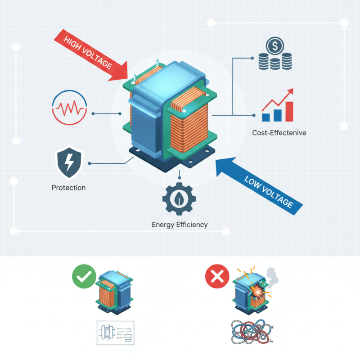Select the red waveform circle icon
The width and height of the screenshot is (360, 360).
pyautogui.click(x=69, y=108)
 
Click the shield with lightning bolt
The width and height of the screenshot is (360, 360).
pyautogui.click(x=69, y=162)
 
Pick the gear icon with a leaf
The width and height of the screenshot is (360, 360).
pyautogui.click(x=179, y=199)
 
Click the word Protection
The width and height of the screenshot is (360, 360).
pyautogui.click(x=69, y=188)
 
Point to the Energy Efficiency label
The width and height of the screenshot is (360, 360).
pyautogui.click(x=180, y=225)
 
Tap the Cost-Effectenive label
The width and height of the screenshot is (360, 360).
pyautogui.click(x=279, y=133)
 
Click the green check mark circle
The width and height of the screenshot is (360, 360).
pyautogui.click(x=84, y=276)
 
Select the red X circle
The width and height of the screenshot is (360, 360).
pyautogui.click(x=217, y=276)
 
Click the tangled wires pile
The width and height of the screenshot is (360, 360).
pyautogui.click(x=252, y=332)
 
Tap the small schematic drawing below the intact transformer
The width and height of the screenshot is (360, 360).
pyautogui.click(x=116, y=333)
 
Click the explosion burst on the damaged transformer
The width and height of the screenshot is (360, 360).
pyautogui.click(x=257, y=292)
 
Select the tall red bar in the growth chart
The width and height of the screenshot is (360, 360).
pyautogui.click(x=289, y=112)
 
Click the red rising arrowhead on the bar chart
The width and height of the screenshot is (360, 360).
pyautogui.click(x=290, y=91)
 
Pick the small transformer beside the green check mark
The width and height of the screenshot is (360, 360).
pyautogui.click(x=114, y=292)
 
